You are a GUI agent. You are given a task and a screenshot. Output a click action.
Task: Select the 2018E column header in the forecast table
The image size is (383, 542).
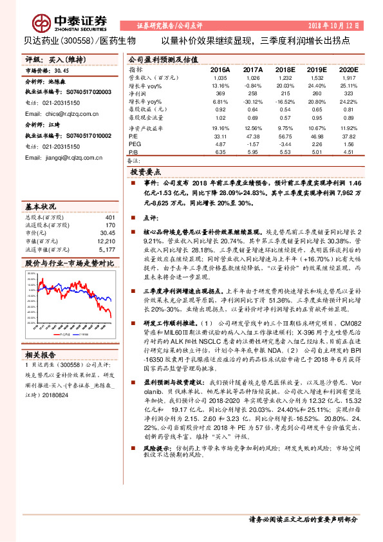click(283, 68)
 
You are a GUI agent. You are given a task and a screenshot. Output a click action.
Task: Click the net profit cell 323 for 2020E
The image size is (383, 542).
click(348, 94)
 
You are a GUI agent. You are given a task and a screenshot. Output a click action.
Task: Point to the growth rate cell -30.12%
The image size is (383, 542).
click(252, 102)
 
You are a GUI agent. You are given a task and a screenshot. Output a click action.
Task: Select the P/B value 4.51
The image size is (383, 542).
click(348, 153)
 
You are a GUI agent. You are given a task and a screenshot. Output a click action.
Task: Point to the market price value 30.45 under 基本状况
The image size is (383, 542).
click(107, 233)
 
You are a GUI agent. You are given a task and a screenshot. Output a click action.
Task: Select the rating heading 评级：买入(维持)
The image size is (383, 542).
click(49, 59)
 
